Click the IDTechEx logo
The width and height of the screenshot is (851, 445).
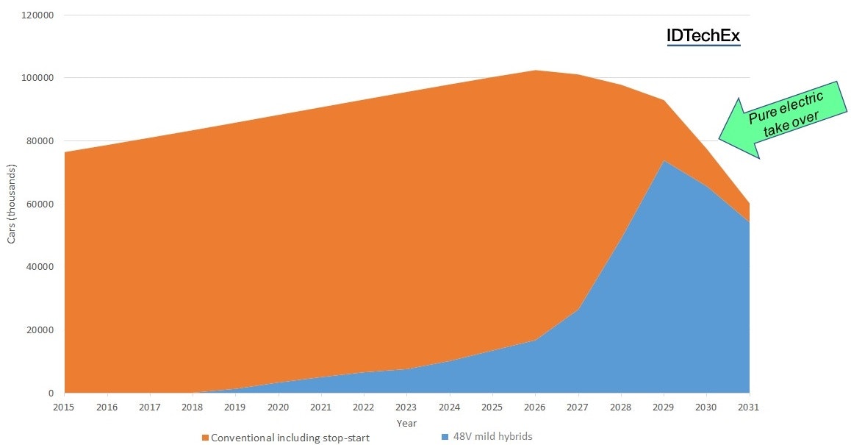(703, 36)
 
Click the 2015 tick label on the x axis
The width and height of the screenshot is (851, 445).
(65, 406)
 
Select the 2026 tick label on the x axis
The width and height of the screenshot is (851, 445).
(535, 406)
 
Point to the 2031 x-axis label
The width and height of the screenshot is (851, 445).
(749, 406)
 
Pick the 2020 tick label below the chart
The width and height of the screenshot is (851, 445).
(279, 406)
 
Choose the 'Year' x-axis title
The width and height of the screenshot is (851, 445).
(406, 423)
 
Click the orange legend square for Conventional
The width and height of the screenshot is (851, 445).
(205, 438)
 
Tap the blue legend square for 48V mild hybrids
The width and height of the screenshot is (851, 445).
(445, 437)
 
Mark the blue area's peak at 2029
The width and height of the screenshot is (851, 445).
(664, 160)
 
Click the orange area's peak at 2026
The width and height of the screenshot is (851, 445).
(535, 71)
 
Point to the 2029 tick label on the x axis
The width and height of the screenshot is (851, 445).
(664, 406)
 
